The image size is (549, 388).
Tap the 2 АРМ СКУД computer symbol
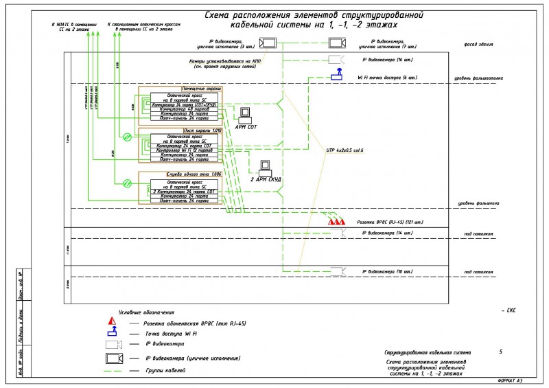point(265,167)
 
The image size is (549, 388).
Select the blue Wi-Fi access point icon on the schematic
point(337,75)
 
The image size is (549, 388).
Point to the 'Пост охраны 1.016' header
point(202,130)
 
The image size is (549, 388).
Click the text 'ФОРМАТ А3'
point(509,380)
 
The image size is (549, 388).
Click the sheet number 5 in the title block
point(500,352)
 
